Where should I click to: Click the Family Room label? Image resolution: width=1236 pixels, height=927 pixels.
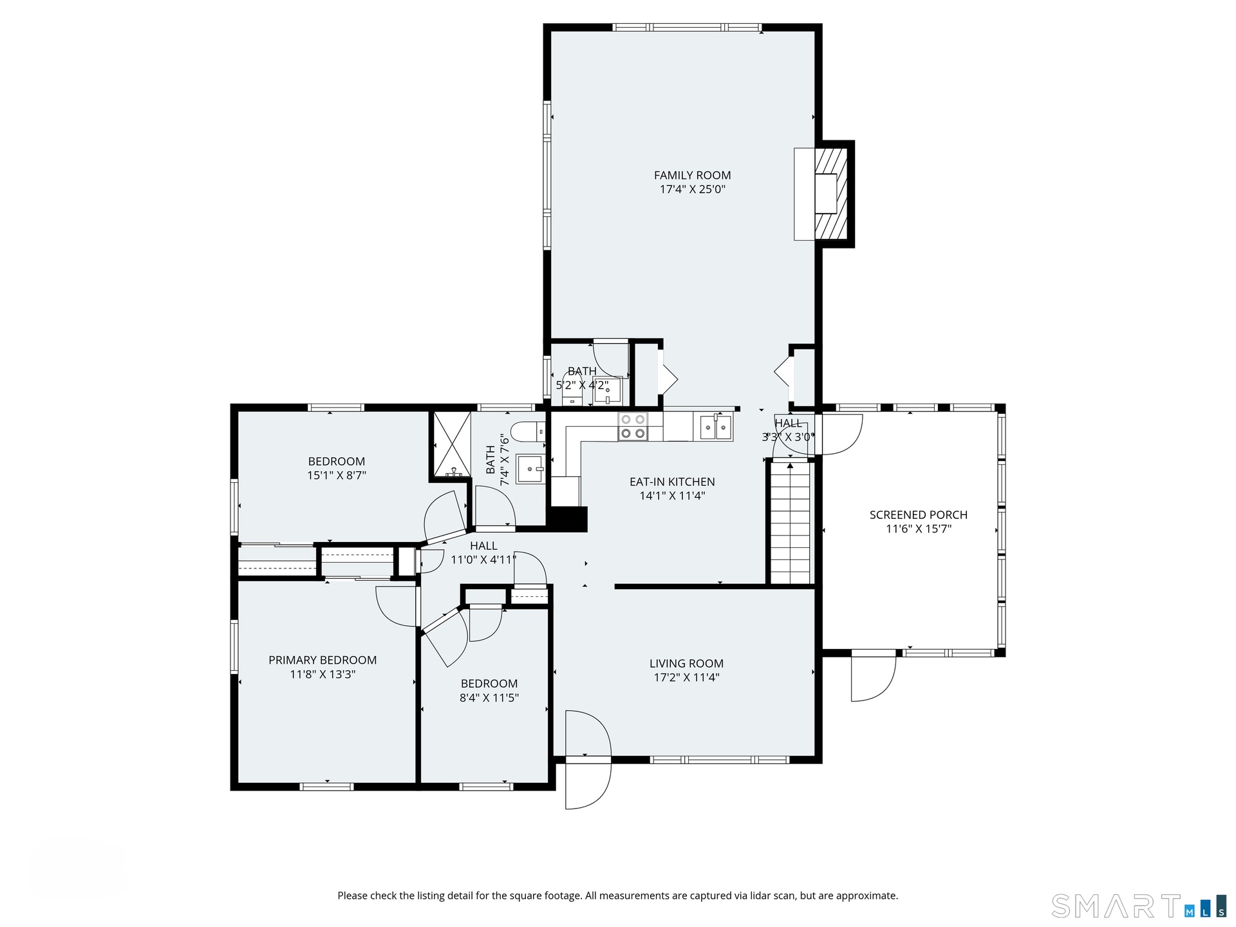pyautogui.click(x=692, y=175)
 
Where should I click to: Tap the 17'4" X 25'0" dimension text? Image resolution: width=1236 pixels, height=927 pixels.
pyautogui.click(x=692, y=189)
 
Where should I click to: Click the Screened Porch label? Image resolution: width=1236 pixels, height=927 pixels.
pyautogui.click(x=918, y=515)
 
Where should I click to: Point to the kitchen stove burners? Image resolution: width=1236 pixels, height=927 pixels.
pyautogui.click(x=632, y=426)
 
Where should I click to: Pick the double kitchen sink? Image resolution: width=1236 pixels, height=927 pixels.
pyautogui.click(x=716, y=427)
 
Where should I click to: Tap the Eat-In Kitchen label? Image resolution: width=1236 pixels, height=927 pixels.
pyautogui.click(x=672, y=482)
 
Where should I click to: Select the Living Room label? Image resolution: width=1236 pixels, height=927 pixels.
pyautogui.click(x=686, y=663)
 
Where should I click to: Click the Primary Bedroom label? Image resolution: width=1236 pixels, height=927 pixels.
pyautogui.click(x=323, y=660)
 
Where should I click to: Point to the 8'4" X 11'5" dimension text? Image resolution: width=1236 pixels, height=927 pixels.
pyautogui.click(x=489, y=698)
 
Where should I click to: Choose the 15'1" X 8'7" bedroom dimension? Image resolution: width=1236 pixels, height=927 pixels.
pyautogui.click(x=337, y=476)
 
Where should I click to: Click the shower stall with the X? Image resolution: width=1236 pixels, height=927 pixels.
pyautogui.click(x=450, y=445)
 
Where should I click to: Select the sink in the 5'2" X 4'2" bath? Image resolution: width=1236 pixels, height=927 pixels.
pyautogui.click(x=607, y=391)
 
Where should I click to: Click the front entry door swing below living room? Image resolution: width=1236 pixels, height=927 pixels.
pyautogui.click(x=587, y=760)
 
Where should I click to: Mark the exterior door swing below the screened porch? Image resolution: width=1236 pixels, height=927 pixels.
pyautogui.click(x=874, y=676)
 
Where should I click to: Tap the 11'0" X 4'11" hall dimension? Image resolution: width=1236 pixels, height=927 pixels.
pyautogui.click(x=483, y=560)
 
